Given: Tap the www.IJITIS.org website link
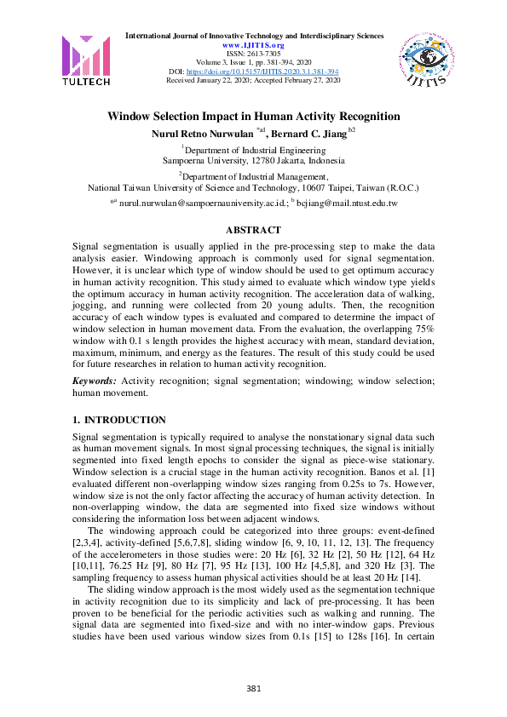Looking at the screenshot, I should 254,45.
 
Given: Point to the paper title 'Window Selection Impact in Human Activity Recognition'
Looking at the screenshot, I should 253,117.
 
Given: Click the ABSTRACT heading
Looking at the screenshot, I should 253,230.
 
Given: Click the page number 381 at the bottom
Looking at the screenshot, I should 253,688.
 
